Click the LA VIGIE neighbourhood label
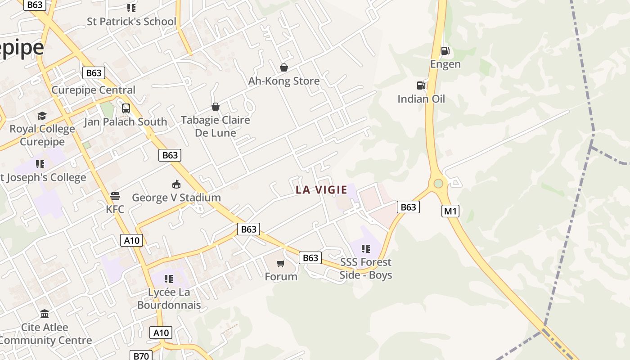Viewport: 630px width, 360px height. pyautogui.click(x=321, y=190)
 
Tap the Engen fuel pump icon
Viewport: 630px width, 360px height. pyautogui.click(x=445, y=51)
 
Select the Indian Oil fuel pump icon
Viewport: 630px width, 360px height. pyautogui.click(x=421, y=85)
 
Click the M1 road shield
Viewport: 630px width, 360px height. pyautogui.click(x=450, y=211)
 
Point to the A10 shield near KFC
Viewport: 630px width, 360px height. pyautogui.click(x=132, y=240)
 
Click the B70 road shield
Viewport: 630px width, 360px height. pyautogui.click(x=141, y=356)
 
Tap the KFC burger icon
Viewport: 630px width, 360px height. pyautogui.click(x=115, y=196)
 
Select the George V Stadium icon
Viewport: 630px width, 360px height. pyautogui.click(x=176, y=184)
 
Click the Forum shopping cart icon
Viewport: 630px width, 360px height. pyautogui.click(x=281, y=263)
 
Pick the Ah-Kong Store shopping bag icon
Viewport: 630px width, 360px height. pyautogui.click(x=284, y=68)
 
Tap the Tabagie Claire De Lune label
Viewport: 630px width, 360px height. pyautogui.click(x=215, y=126)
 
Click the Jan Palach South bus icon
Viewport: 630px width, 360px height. pyautogui.click(x=126, y=108)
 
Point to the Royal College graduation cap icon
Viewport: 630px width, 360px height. pyautogui.click(x=42, y=116)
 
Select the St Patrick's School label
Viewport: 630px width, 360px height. pyautogui.click(x=131, y=21)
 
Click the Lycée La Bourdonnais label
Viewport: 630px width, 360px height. pyautogui.click(x=169, y=298)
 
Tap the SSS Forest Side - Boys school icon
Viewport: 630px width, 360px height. pyautogui.click(x=366, y=249)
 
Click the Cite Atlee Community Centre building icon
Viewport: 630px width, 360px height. pyautogui.click(x=45, y=314)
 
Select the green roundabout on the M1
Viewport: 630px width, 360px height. pyautogui.click(x=438, y=184)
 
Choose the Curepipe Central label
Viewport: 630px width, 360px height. pyautogui.click(x=93, y=90)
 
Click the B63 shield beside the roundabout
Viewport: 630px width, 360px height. pyautogui.click(x=408, y=207)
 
